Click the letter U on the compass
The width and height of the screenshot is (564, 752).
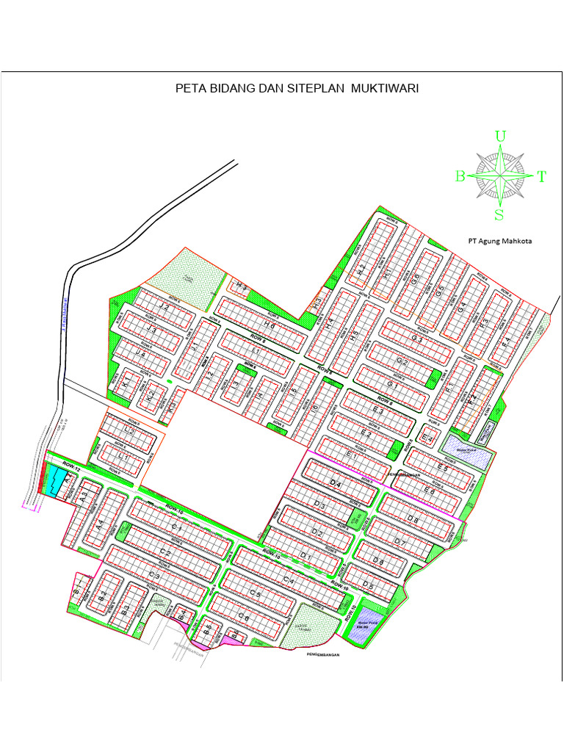500,136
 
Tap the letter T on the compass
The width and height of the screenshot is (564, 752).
541,176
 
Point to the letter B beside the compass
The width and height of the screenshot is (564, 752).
460,176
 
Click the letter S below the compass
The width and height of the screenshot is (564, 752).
499,215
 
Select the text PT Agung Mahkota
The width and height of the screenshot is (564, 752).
500,241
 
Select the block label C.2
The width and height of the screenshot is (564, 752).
165,553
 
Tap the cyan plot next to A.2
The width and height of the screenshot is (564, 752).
55,482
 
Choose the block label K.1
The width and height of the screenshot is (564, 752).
126,385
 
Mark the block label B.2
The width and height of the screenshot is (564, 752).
104,594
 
